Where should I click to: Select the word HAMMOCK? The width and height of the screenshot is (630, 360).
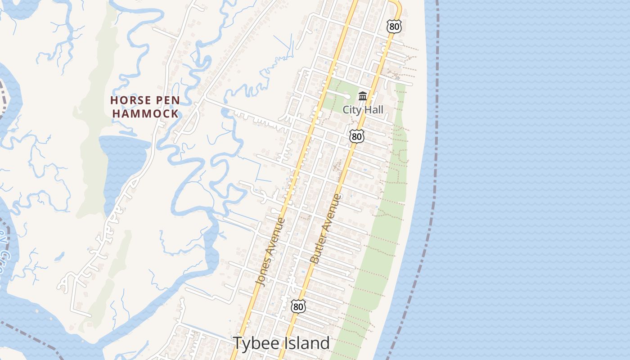click(x=145, y=113)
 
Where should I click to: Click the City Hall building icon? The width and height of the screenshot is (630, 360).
click(x=363, y=96)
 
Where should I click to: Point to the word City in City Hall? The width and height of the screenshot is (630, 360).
click(x=351, y=109)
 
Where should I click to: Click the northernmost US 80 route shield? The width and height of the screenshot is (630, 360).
click(x=394, y=27)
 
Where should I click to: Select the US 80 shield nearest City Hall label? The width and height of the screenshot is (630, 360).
click(x=356, y=136)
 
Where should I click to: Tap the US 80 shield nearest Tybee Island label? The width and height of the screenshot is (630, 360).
click(x=298, y=306)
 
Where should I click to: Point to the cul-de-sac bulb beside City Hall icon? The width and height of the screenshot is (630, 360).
click(x=348, y=96)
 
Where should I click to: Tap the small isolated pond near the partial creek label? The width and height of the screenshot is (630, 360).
click(x=59, y=257)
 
